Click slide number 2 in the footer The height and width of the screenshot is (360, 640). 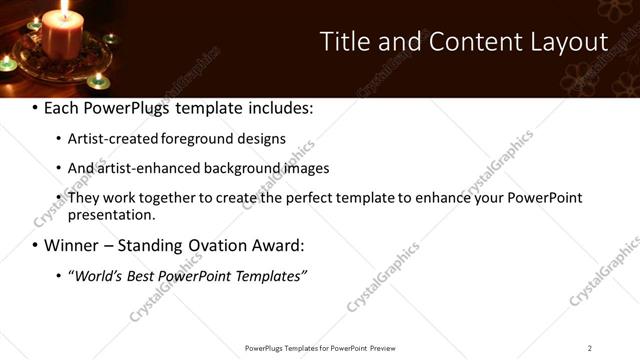tap(590, 348)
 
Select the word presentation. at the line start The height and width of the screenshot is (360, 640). tap(111, 214)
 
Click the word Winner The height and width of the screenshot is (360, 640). tap(75, 245)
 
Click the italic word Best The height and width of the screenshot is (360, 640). tap(145, 275)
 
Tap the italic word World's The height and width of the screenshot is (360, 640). tap(97, 275)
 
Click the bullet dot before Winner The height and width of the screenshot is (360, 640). tap(36, 245)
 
